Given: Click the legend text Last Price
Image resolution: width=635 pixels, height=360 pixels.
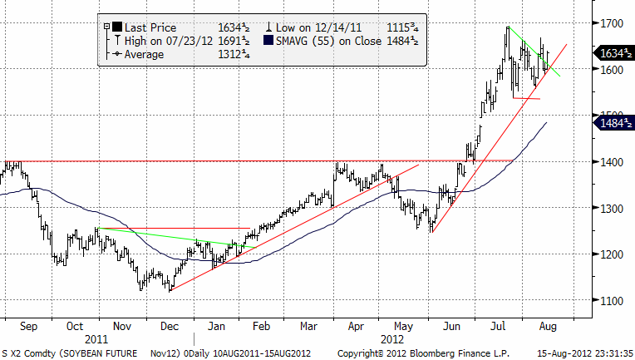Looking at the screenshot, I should coord(151,27).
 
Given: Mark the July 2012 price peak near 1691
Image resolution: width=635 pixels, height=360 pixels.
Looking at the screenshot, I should coord(508,27).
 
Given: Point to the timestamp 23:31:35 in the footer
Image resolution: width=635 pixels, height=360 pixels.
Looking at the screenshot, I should coord(606,353).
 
